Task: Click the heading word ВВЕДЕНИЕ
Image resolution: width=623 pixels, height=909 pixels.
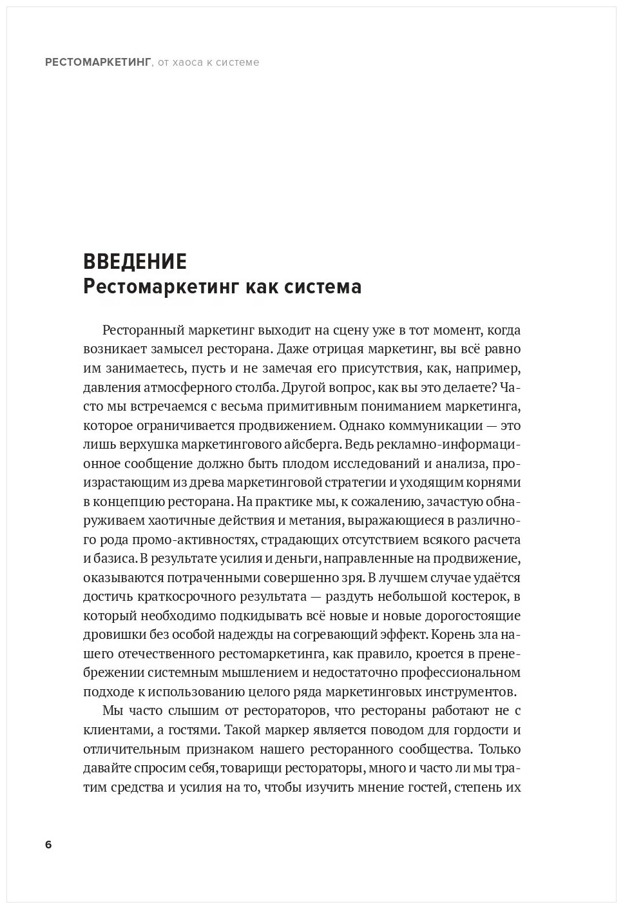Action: (135, 261)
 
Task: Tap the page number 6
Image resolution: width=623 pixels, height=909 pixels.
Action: (48, 845)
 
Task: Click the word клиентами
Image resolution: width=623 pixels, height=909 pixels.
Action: (111, 730)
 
